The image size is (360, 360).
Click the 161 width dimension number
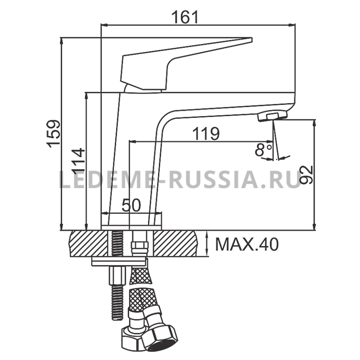click(185, 17)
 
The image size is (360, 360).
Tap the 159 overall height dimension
click(54, 134)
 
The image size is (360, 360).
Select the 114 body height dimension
click(78, 162)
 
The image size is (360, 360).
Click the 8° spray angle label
click(263, 149)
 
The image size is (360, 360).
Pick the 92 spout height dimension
click(306, 175)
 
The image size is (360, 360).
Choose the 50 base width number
click(131, 205)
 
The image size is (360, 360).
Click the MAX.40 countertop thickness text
click(247, 244)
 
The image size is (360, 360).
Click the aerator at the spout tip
click(272, 116)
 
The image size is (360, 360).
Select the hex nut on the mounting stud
click(117, 275)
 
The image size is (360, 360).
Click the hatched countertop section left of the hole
click(88, 243)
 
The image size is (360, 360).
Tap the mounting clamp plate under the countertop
click(119, 261)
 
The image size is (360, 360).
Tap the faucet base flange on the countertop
click(131, 227)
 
